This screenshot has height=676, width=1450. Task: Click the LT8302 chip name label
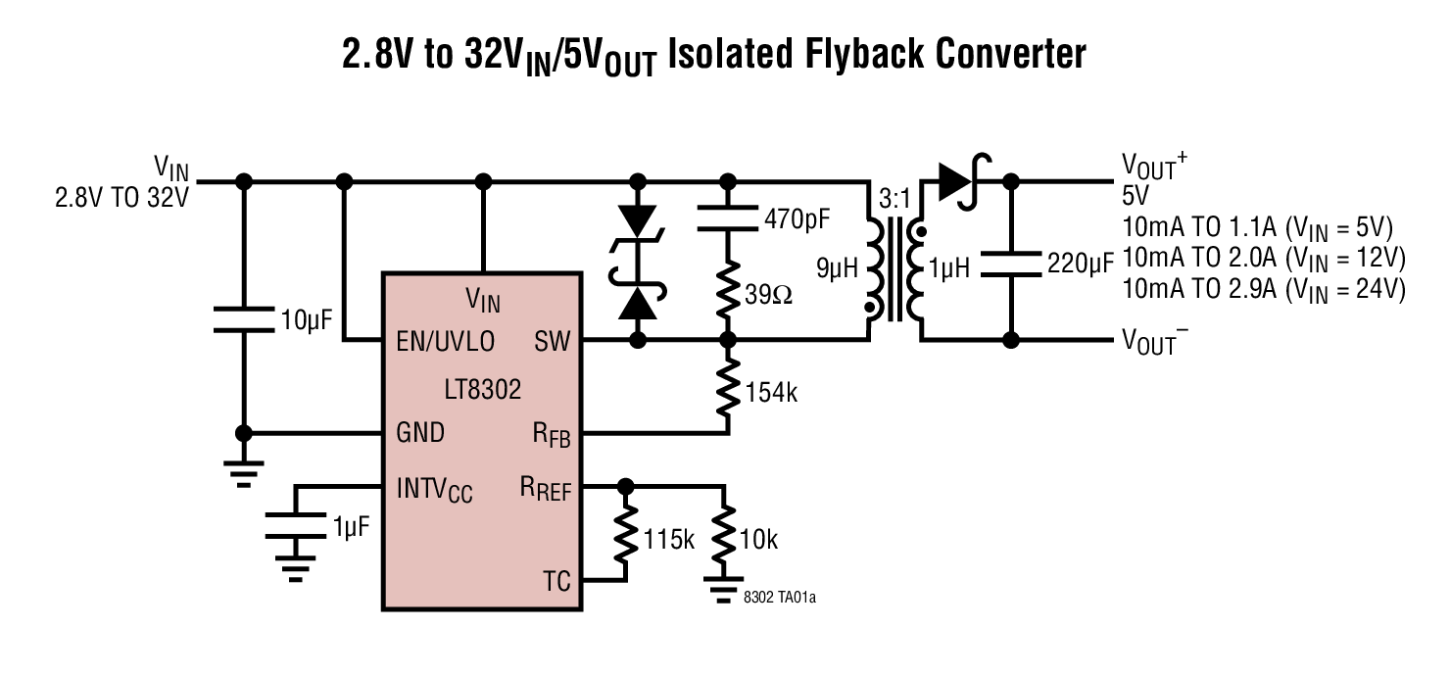(x=483, y=390)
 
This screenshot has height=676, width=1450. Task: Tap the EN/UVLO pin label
(x=446, y=341)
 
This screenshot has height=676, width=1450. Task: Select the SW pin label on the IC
(x=553, y=341)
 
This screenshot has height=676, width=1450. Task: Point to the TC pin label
(x=556, y=581)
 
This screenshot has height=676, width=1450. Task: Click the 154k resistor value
(x=771, y=393)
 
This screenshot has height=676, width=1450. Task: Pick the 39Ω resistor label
(x=768, y=295)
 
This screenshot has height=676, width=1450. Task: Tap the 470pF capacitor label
(x=797, y=219)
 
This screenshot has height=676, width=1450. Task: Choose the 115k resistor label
(x=669, y=539)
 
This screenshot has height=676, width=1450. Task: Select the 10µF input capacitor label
(x=307, y=319)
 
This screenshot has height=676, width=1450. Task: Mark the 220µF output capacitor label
(x=1081, y=264)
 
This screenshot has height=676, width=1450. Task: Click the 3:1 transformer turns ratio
(x=894, y=199)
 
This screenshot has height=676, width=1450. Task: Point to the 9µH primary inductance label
(x=837, y=267)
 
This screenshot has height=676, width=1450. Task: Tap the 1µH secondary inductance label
(x=949, y=267)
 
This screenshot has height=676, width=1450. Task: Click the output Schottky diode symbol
(x=961, y=181)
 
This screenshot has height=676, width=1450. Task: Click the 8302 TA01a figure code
(x=780, y=597)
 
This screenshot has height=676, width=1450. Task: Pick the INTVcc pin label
(x=434, y=490)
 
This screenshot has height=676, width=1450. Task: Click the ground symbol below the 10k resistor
(x=724, y=589)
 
